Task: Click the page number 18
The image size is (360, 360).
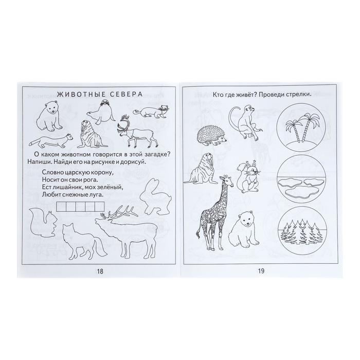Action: pos(100,271)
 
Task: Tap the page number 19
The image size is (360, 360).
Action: pos(261,271)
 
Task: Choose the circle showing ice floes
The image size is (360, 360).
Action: pos(301,179)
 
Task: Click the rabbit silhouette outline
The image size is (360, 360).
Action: pos(155,197)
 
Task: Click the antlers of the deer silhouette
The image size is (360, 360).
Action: pos(119,212)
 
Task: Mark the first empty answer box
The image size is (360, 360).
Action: pos(61,206)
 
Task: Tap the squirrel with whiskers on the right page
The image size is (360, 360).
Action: pos(249,177)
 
